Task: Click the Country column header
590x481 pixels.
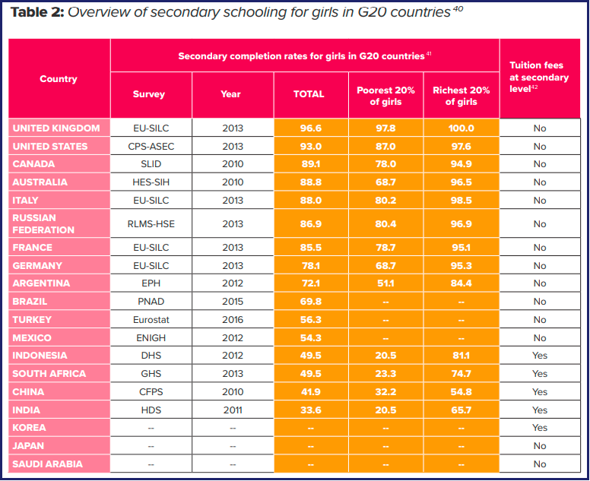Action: (59, 79)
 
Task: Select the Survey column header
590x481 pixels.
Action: (148, 94)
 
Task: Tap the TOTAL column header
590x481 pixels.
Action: (309, 94)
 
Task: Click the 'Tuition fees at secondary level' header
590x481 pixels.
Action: (539, 77)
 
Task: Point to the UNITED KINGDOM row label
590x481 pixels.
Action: (56, 128)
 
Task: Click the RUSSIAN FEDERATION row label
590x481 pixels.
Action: (43, 223)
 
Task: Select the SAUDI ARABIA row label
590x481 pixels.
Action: (47, 464)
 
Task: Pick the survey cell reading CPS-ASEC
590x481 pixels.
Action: (151, 147)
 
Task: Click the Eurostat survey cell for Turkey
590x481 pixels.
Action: (151, 320)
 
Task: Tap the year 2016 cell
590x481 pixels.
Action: (233, 320)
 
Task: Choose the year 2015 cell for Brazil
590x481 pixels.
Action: (233, 302)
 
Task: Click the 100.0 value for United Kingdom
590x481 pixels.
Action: (461, 128)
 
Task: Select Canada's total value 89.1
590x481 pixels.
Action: (310, 164)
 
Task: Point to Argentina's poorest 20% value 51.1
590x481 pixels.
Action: (385, 283)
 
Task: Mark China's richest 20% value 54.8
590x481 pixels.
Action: (461, 392)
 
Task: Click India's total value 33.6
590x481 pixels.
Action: (310, 410)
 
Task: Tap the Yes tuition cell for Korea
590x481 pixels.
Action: (540, 428)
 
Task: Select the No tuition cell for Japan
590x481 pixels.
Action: (540, 445)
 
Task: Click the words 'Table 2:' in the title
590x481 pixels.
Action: (37, 12)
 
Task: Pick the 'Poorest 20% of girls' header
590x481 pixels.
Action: (385, 96)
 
